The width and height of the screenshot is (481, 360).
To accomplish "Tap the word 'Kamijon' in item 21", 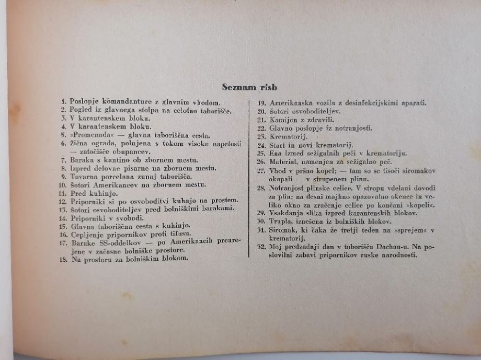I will (286, 119).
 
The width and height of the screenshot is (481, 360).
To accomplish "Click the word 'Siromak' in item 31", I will (285, 230).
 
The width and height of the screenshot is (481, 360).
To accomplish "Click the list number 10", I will (63, 184).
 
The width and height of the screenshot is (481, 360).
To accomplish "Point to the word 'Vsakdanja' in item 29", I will (290, 213).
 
